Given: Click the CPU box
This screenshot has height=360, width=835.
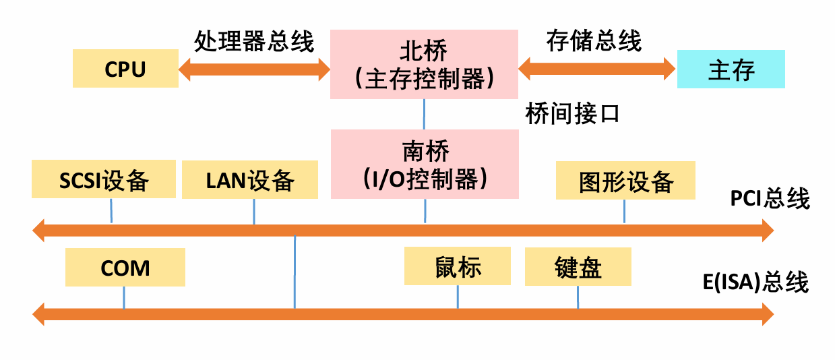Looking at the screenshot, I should pos(125,69).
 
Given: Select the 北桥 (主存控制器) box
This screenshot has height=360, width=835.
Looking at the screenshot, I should pos(424,65).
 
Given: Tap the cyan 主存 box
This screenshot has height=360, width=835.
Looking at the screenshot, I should pos(731,69).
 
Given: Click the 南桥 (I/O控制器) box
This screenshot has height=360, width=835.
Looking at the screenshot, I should pos(424,164).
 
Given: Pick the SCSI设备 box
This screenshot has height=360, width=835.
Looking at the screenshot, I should pos(104,179).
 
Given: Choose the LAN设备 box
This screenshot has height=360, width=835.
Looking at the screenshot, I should pos(250,179).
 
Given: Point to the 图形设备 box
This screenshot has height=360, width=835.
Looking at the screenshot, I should pos(625,180).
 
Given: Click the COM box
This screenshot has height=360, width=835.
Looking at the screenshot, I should pos(125,267).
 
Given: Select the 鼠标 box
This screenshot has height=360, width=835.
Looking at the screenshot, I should pos(458,266).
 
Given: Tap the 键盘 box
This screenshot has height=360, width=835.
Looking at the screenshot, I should pos(578,266).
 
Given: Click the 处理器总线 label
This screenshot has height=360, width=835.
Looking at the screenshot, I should pos(254,42).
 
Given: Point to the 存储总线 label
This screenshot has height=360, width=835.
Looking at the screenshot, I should pos(594,41).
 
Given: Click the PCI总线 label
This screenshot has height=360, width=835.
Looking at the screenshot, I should pos(769,199).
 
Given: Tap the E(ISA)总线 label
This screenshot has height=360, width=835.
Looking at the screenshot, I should pos(755,282).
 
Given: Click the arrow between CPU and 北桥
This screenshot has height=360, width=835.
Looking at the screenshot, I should pos(254,69).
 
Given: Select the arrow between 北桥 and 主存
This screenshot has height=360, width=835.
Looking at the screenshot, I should pos(597,67).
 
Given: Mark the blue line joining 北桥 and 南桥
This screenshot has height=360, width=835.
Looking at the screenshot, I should pos(424,114).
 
